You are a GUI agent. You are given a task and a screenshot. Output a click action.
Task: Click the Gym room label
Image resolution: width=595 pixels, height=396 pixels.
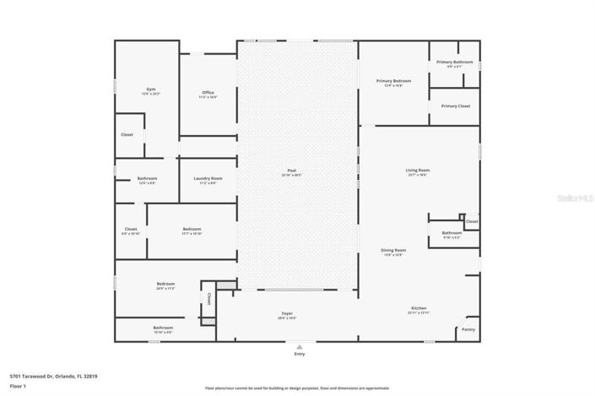151,89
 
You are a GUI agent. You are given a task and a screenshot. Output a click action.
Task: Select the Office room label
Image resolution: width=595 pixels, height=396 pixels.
208,93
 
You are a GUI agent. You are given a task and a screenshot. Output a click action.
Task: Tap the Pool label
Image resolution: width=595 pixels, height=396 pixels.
291,171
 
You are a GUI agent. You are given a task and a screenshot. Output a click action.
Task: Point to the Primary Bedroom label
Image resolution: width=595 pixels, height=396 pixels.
393,81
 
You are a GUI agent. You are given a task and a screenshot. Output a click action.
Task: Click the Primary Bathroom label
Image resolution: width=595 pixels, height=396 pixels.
454,62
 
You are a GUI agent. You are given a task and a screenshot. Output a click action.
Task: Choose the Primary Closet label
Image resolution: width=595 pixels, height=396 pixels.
455,106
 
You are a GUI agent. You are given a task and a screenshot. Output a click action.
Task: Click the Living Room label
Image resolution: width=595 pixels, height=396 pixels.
418,171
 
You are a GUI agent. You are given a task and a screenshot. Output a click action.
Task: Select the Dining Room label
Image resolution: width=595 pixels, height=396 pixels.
394,250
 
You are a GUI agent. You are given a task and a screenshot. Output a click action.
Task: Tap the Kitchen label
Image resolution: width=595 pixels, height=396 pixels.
419,308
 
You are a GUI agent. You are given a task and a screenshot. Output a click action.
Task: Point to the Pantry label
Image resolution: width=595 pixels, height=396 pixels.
468,329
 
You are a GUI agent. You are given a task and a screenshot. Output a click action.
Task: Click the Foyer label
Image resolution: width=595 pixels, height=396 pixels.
287,314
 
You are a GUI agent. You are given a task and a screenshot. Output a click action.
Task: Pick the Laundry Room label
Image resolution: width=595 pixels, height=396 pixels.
208,178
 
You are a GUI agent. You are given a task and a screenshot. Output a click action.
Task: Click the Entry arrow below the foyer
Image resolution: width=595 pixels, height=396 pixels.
299,345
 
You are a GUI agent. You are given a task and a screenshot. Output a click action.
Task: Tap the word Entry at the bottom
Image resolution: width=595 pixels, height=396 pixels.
299,354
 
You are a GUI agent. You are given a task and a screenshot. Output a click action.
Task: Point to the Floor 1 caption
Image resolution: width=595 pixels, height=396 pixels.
19,386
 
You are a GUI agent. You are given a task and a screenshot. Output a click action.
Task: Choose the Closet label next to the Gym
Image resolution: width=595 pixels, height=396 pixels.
127,134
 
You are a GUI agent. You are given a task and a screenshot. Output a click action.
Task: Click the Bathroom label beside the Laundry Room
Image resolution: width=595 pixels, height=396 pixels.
147,178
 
